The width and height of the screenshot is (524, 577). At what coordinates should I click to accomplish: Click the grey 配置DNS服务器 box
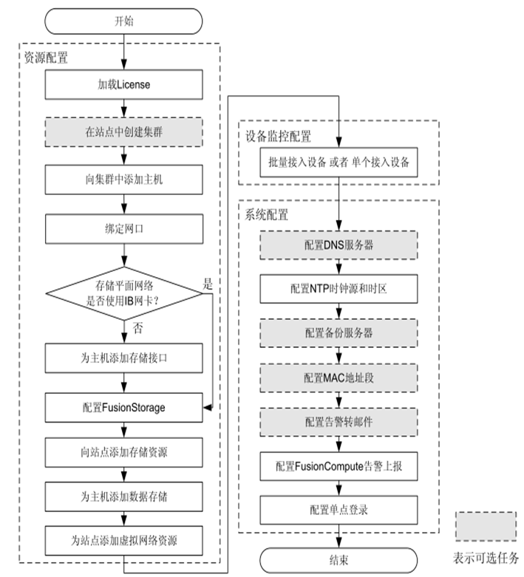338,245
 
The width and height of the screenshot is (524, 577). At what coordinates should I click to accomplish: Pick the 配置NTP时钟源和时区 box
338,289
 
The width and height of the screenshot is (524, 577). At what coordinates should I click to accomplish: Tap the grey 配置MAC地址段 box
338,378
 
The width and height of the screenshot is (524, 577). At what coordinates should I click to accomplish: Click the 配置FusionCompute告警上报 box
338,466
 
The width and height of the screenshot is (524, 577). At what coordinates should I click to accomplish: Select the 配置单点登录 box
338,510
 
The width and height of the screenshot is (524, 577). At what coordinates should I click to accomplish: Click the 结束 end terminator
338,559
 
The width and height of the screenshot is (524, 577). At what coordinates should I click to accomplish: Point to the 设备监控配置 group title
279,137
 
